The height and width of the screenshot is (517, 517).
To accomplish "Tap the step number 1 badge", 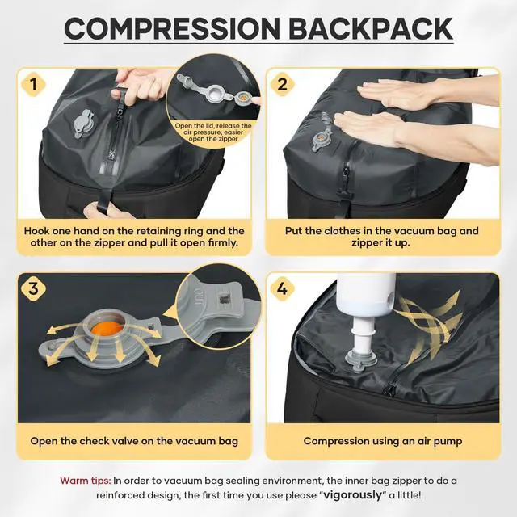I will [33, 84].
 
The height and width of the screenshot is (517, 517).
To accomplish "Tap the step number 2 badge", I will [282, 84].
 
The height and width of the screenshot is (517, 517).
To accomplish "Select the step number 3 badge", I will [33, 288].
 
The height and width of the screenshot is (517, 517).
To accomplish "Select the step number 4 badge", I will [282, 288].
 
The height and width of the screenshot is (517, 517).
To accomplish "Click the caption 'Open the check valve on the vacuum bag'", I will [133, 441].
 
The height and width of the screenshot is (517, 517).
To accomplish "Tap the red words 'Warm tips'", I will [85, 480].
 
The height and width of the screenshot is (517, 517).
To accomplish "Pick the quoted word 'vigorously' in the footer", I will [355, 494].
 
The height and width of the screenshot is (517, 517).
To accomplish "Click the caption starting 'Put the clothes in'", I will [382, 237].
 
